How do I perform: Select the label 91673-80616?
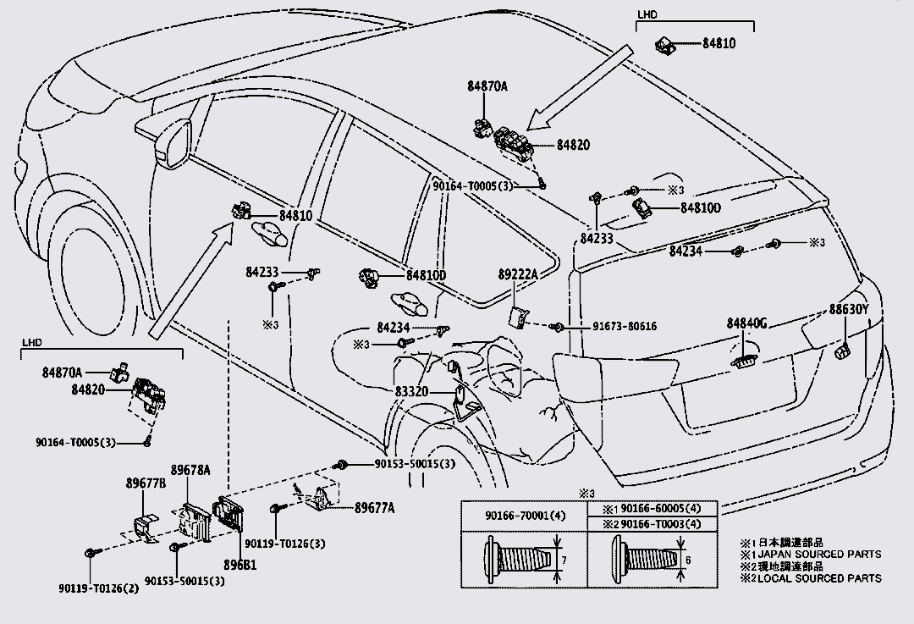[x=612, y=327]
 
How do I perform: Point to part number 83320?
[x=412, y=391]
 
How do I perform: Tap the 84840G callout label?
[x=746, y=323]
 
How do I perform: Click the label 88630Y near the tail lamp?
[x=849, y=310]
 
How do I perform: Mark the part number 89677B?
[x=146, y=484]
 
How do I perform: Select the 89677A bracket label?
[x=375, y=507]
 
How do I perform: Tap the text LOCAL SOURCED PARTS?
[x=815, y=578]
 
